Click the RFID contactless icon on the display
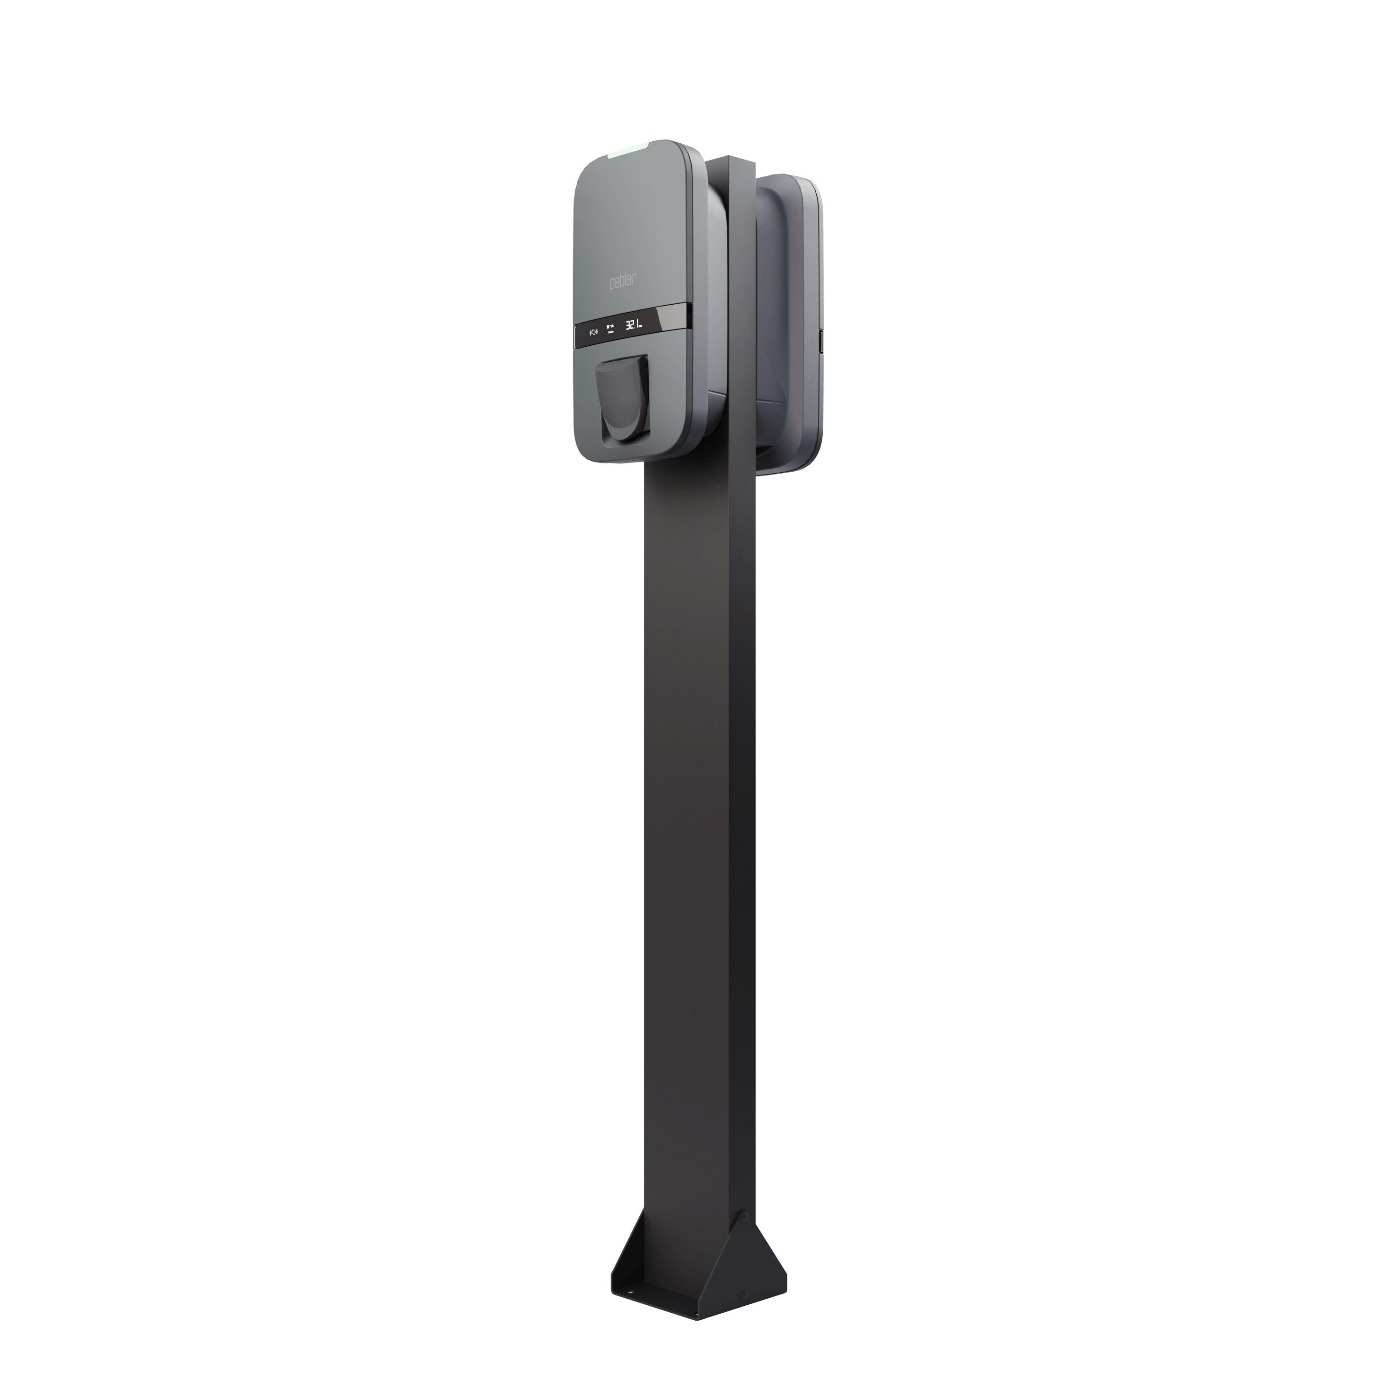pyautogui.click(x=594, y=333)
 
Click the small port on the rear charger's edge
pyautogui.click(x=822, y=339)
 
